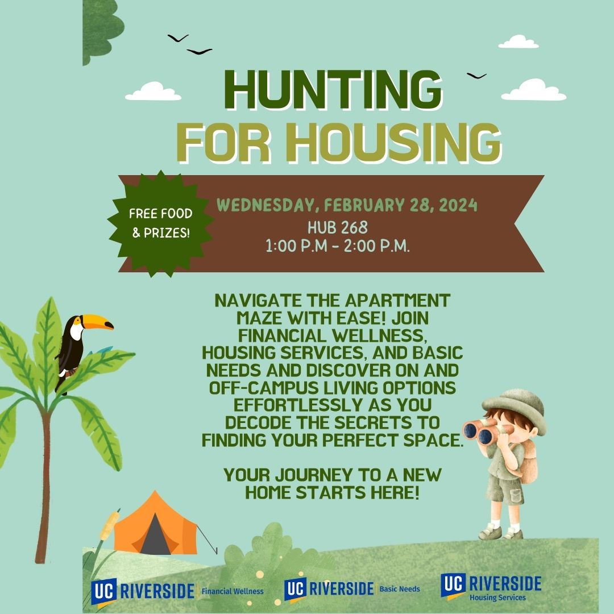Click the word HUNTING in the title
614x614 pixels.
tap(333, 90)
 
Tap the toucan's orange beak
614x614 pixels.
tap(98, 321)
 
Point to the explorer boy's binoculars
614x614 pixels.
tap(486, 430)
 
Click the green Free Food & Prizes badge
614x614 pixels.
tap(160, 223)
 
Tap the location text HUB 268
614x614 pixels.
tap(338, 227)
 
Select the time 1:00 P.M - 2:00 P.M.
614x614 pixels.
tap(338, 246)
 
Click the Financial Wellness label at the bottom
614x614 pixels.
tap(233, 591)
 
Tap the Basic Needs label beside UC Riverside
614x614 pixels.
tap(400, 589)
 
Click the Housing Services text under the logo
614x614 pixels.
tap(497, 598)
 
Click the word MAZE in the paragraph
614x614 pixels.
tap(260, 318)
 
